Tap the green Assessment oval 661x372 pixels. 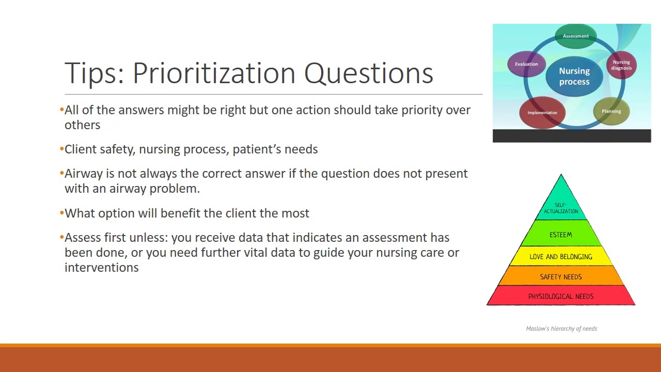pos(575,36)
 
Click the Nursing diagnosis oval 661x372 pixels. pos(621,65)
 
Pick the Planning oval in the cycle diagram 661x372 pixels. pos(611,111)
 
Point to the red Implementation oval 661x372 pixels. pos(542,113)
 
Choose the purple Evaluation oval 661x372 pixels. pos(526,64)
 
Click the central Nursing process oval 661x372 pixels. pos(574,76)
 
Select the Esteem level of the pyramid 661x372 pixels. pos(561,235)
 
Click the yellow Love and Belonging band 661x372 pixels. pos(561,257)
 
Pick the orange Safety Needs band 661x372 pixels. pos(561,277)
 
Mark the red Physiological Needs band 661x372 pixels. pos(561,297)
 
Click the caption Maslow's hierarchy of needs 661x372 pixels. pos(561,329)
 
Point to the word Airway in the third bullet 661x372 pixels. pos(84,174)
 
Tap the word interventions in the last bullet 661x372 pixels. pos(102,268)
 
